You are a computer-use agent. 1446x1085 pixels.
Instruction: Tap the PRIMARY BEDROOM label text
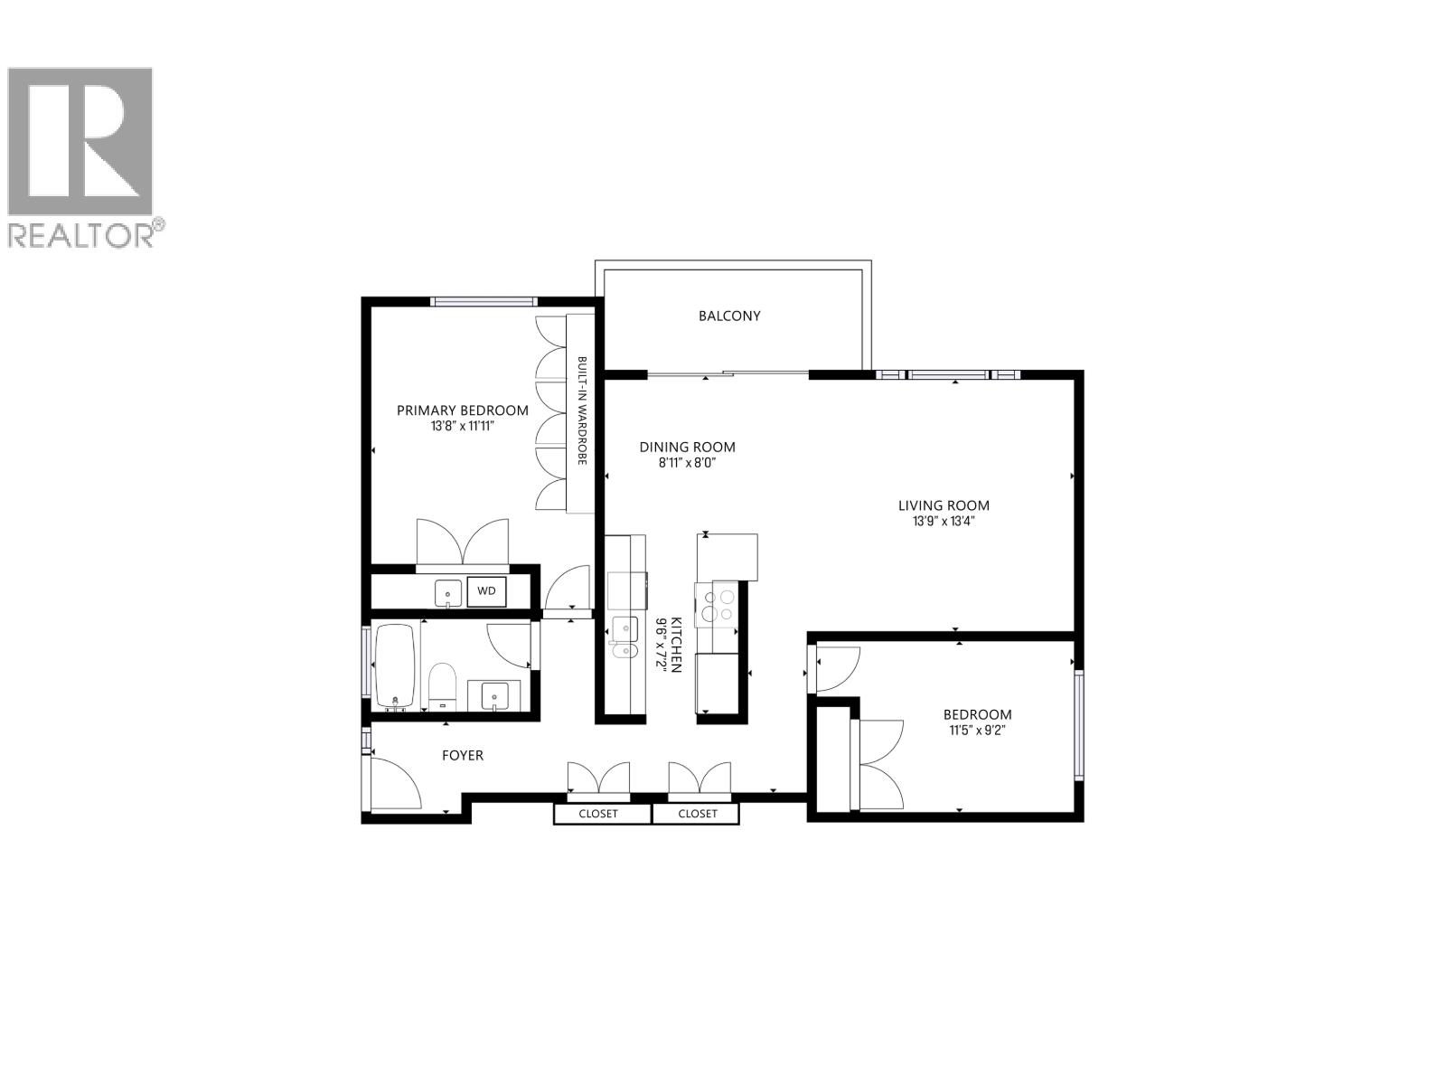tap(463, 410)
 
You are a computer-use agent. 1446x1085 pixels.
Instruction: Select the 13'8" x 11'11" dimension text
tap(463, 426)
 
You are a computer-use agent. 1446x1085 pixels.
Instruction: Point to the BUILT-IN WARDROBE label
tap(582, 411)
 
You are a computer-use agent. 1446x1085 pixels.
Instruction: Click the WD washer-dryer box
tap(486, 591)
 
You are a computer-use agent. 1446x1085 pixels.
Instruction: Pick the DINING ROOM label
tap(687, 447)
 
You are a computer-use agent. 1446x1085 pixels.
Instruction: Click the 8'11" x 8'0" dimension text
tap(687, 463)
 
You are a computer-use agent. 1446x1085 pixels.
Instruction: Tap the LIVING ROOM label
tap(944, 505)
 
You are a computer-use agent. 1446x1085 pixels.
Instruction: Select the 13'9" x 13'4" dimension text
tap(944, 522)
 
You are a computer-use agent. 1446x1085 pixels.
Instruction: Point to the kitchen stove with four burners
tap(716, 605)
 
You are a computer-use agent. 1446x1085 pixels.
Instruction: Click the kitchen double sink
tap(624, 637)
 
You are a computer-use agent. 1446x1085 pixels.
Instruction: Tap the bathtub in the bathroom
tap(395, 666)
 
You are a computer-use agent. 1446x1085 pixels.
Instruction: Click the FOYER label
tap(462, 755)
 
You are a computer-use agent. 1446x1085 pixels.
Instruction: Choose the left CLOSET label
tap(598, 814)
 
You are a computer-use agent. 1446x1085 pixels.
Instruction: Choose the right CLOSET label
tap(697, 814)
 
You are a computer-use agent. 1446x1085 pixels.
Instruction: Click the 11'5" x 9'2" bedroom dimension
tap(977, 730)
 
